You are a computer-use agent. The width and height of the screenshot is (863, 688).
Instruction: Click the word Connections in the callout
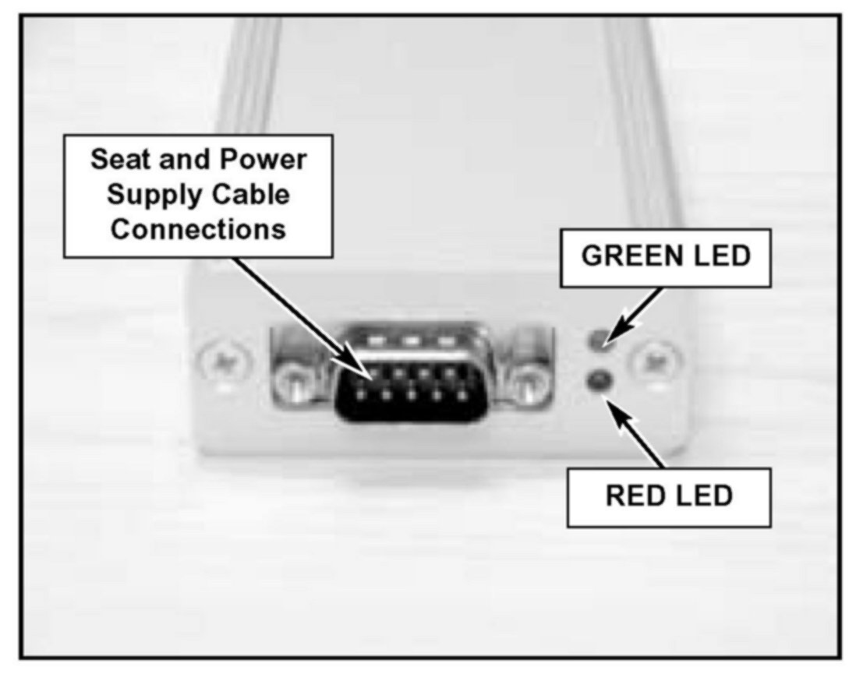tap(199, 230)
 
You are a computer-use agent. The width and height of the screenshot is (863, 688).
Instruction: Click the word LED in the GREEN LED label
tap(719, 257)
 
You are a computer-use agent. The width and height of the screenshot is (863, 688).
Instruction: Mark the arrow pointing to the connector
tap(296, 312)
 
